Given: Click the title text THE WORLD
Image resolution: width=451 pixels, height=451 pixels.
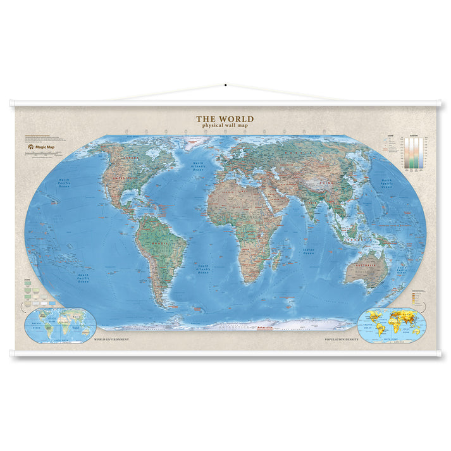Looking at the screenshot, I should tap(225, 118).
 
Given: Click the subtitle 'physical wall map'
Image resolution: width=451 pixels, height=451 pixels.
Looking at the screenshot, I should tap(225, 125).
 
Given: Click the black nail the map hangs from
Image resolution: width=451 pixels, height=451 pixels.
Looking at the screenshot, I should tap(225, 85).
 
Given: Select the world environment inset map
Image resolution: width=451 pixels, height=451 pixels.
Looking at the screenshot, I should tap(61, 325).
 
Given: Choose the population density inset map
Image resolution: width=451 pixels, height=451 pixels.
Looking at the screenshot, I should tap(390, 325).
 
